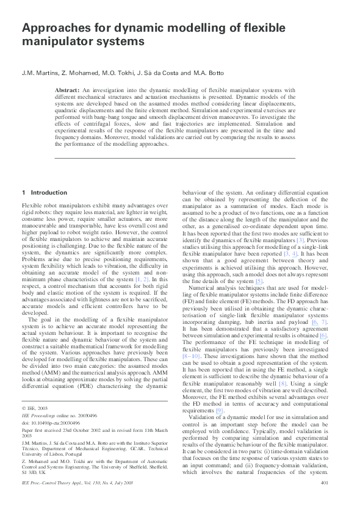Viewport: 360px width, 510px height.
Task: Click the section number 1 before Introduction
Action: pos(23,193)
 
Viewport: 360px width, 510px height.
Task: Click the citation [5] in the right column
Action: pos(259,281)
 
